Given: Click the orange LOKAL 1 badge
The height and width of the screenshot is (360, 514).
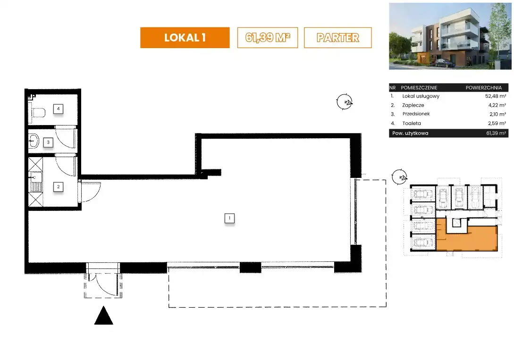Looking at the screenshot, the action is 185,38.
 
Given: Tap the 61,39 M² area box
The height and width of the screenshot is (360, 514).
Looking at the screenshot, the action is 268,38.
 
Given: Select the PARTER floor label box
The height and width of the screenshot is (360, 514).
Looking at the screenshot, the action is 337,38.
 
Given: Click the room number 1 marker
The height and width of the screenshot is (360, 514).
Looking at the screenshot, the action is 229,218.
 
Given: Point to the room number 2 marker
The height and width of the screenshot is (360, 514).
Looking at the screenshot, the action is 59,187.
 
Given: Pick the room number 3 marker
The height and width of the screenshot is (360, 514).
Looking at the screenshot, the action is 48,142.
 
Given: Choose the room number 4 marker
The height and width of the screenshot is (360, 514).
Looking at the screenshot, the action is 59,109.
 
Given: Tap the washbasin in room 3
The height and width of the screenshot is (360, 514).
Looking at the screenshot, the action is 33,142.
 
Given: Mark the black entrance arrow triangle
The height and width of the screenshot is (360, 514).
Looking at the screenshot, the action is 103,316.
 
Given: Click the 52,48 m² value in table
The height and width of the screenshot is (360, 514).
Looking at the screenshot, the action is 496,96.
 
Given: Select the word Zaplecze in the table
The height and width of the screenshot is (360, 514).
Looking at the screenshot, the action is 413,105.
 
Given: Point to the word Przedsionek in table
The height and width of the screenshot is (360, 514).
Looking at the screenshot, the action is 416,114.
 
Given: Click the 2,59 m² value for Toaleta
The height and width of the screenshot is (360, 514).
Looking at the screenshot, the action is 497,124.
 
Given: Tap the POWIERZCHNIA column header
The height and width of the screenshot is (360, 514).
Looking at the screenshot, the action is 483,88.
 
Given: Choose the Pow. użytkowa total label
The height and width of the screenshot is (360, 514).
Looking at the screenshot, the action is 410,134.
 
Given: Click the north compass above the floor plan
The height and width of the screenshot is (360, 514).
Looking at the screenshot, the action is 345,102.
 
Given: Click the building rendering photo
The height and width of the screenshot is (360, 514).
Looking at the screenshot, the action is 450,36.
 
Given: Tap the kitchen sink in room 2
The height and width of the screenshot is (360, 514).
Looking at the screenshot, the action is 36,182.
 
